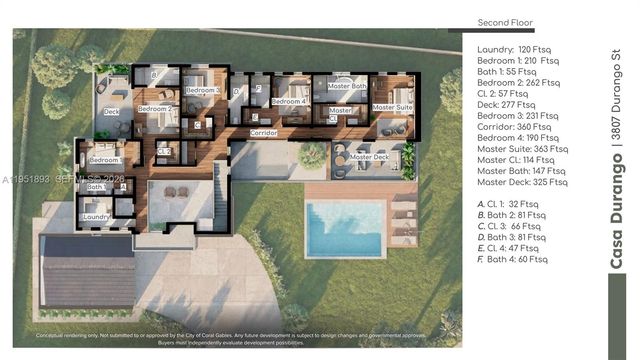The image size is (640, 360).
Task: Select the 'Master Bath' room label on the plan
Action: coord(347,86)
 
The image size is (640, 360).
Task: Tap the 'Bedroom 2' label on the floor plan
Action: coord(155,108)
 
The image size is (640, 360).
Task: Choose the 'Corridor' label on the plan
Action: coord(263,132)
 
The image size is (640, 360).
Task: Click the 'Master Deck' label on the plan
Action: coord(369,157)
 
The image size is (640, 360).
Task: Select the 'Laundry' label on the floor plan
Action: coord(96,216)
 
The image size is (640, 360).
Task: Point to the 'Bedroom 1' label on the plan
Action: coord(105,160)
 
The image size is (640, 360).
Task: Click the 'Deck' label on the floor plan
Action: coord(111,111)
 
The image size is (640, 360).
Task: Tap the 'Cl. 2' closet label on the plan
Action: coord(164,151)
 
